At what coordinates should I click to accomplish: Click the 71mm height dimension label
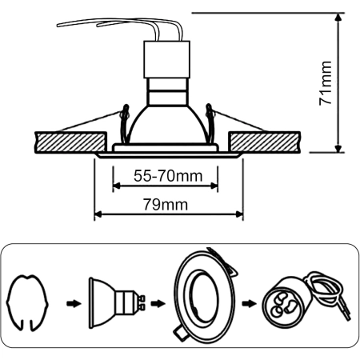point(326,83)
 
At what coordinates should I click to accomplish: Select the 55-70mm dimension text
point(168,176)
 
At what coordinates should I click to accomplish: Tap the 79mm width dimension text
point(166,205)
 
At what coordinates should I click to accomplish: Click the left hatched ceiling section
point(70,142)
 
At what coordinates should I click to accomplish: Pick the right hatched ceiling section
point(265,142)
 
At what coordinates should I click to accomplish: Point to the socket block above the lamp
point(166,59)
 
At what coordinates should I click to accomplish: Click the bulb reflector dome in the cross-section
point(167,124)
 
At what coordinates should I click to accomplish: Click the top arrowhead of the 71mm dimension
point(338,17)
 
